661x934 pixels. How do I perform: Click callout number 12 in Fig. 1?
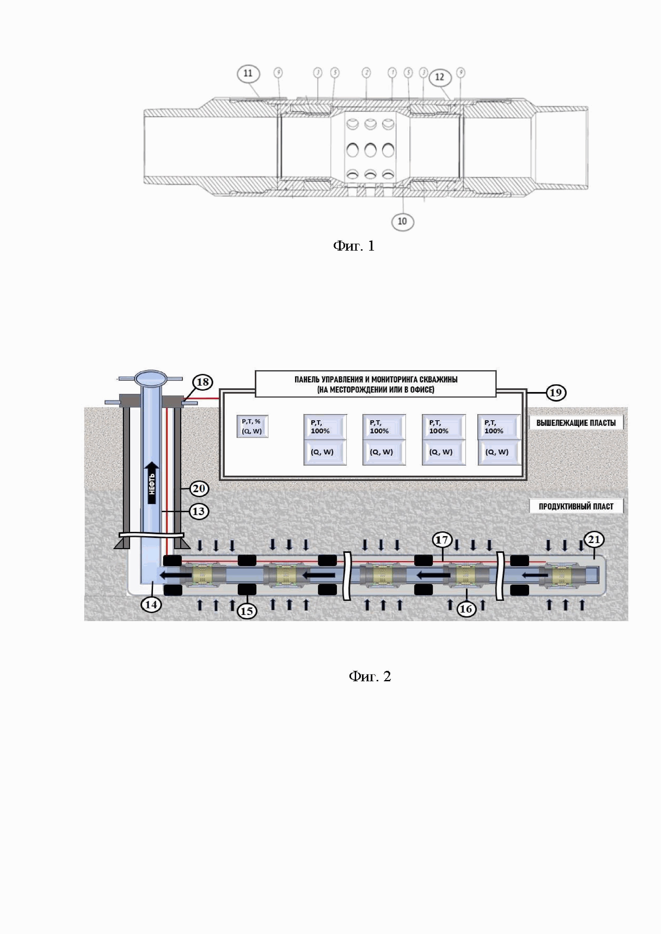click(x=440, y=77)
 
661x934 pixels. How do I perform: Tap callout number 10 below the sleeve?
click(x=402, y=222)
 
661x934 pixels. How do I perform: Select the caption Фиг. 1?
click(x=353, y=246)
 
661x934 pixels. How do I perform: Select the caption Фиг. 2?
click(x=370, y=676)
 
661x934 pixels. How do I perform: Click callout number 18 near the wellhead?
click(x=202, y=382)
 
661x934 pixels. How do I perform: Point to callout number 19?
click(x=555, y=393)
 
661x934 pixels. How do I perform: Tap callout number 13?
click(x=198, y=511)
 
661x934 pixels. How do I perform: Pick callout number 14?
click(x=151, y=605)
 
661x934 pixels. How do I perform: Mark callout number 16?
click(x=466, y=609)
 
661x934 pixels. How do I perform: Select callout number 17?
click(x=442, y=540)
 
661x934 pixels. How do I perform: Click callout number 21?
click(x=594, y=540)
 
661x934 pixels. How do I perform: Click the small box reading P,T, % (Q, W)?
click(x=252, y=426)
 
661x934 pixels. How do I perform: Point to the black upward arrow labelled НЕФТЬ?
click(x=152, y=483)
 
